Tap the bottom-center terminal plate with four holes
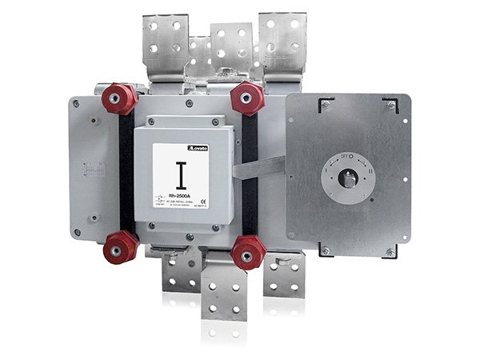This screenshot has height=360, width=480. coord(224,294)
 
